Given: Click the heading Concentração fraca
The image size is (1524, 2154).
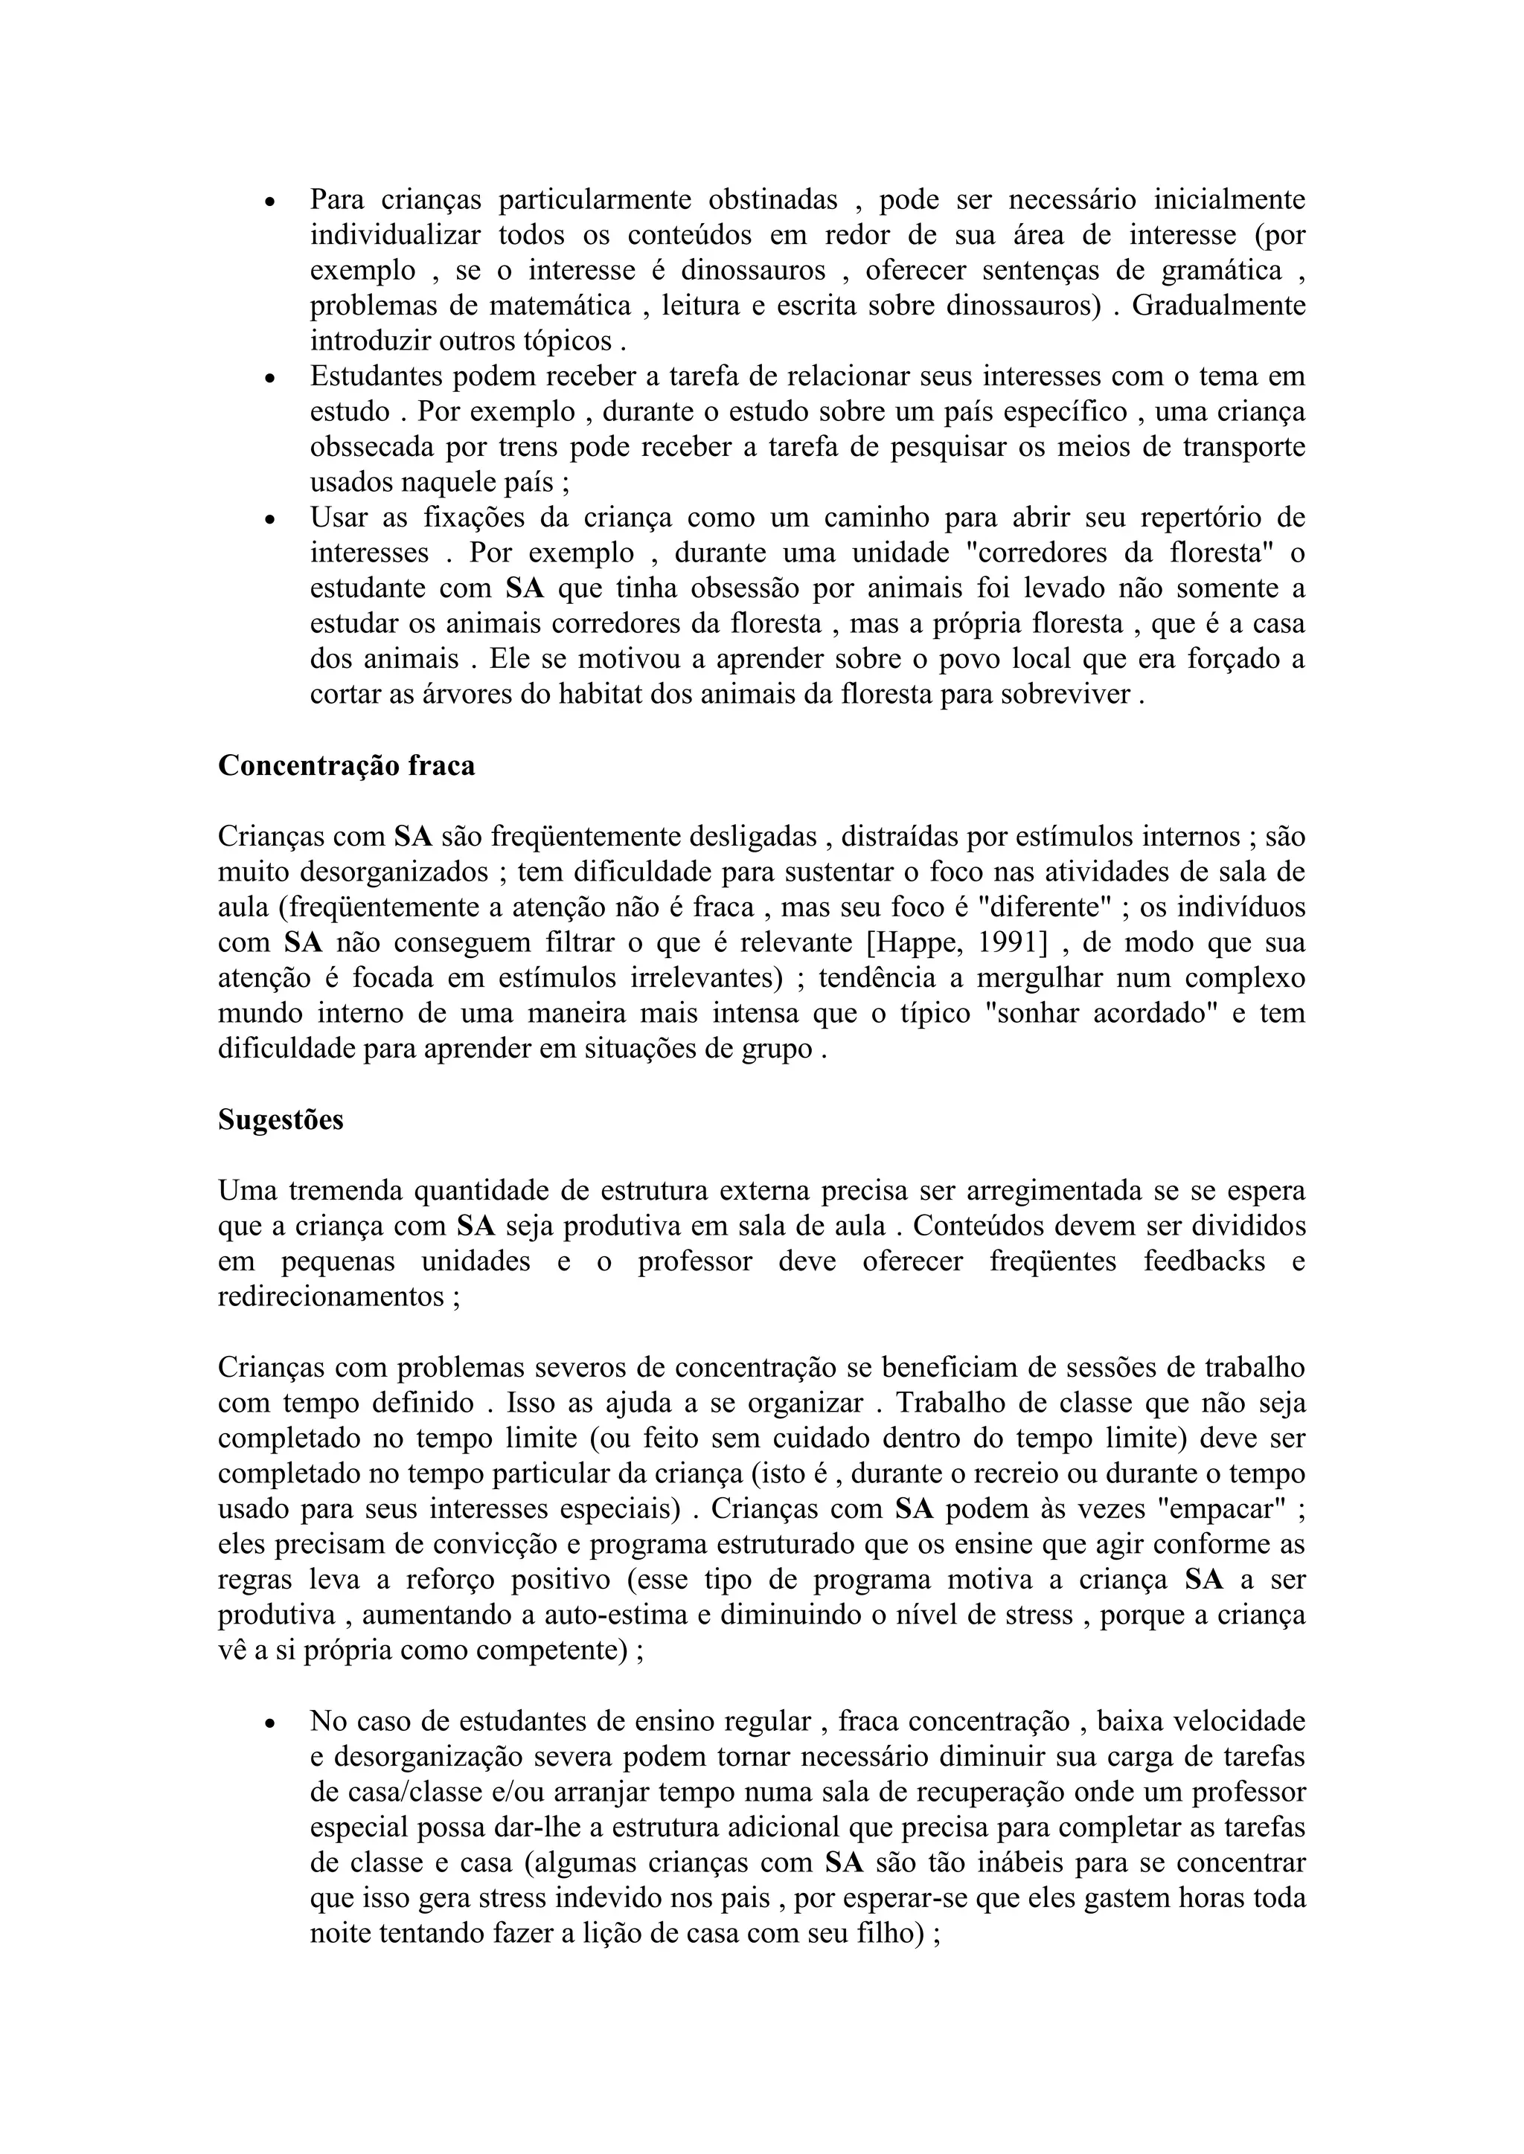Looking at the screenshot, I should tap(346, 765).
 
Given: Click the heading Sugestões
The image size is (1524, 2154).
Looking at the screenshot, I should tap(281, 1120).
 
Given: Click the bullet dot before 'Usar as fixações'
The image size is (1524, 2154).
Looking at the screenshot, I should tap(269, 520).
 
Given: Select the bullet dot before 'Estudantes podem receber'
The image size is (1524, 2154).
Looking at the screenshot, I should tap(269, 378).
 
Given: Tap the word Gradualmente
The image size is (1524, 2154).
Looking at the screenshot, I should tap(1218, 306).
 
